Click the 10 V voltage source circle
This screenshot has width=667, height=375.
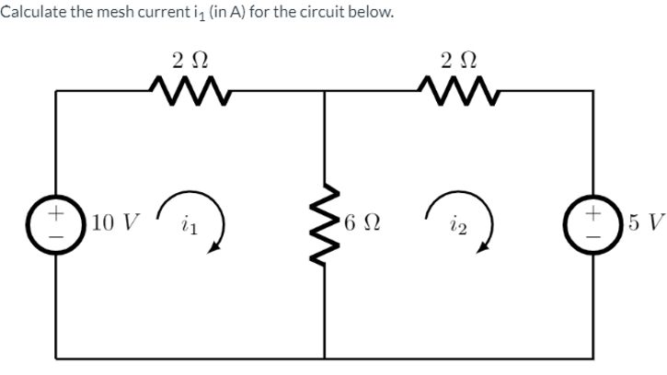tap(56, 223)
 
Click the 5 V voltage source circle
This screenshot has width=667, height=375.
tap(592, 223)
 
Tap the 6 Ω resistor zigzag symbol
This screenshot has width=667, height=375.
tap(324, 223)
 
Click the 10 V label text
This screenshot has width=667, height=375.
tap(114, 223)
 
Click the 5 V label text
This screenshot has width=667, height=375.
tap(644, 223)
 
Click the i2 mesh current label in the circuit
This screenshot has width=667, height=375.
tap(458, 224)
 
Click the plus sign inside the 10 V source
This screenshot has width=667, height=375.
tap(56, 212)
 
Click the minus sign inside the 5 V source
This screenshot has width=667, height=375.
tap(592, 235)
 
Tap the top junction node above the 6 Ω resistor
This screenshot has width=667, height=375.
tap(324, 91)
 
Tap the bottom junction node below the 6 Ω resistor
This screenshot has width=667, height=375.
tap(324, 358)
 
